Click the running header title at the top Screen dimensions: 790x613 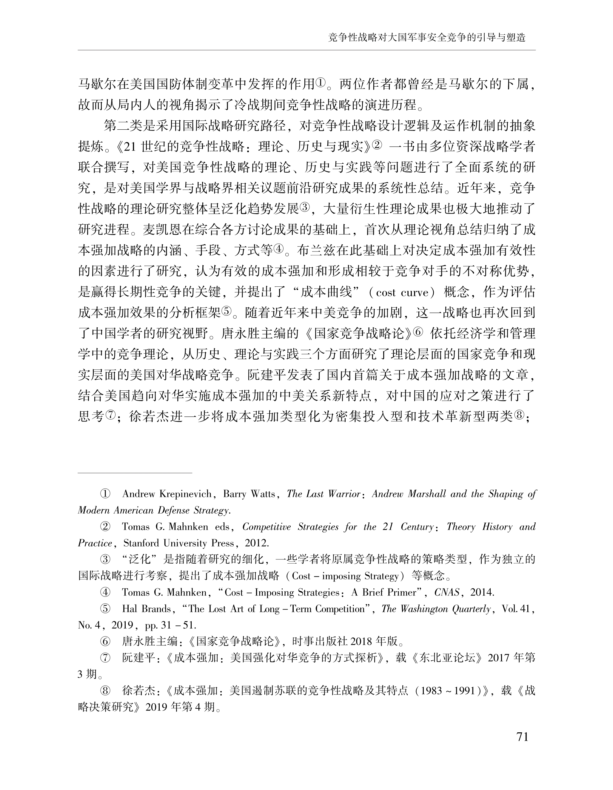pos(426,38)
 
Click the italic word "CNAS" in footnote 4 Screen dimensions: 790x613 pos(447,592)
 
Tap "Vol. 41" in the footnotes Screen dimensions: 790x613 pos(516,609)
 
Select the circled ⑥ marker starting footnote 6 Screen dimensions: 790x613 pos(105,642)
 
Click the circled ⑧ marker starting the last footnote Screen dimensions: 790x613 pos(105,691)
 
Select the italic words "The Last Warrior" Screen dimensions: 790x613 pos(324,494)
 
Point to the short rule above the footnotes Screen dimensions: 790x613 pos(135,473)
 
